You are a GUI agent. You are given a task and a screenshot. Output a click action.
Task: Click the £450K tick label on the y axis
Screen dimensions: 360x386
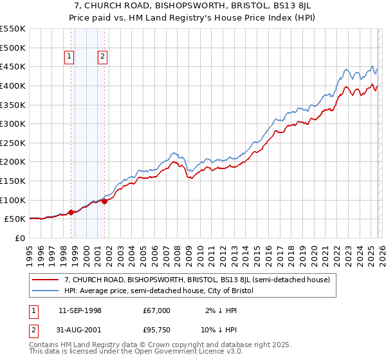point(13,66)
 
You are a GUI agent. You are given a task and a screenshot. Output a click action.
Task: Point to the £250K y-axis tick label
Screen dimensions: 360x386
point(13,143)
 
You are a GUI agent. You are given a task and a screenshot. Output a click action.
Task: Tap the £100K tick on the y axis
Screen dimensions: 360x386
point(13,200)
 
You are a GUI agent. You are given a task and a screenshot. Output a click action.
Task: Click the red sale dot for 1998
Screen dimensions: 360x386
point(71,212)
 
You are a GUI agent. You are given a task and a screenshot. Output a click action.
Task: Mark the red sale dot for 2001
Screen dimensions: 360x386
point(104,201)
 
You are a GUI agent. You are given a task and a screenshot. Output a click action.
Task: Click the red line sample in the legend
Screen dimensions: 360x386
point(46,280)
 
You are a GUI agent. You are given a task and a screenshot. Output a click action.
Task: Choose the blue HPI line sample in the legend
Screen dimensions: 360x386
point(46,291)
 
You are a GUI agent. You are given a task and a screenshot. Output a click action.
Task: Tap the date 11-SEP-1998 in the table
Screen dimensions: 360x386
point(80,310)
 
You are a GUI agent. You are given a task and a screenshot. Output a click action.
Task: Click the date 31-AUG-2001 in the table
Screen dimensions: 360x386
point(80,331)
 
